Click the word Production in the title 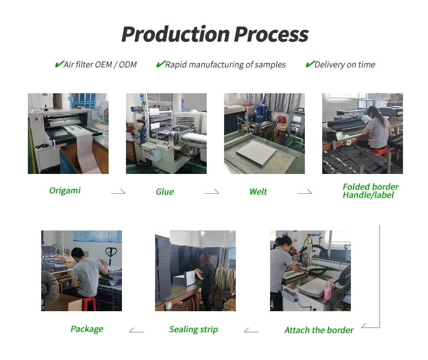click(x=176, y=34)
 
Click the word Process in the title click(x=271, y=34)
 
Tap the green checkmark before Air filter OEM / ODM click(x=59, y=64)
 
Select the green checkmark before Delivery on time click(x=310, y=64)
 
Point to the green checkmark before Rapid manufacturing click(x=160, y=64)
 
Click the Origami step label click(x=65, y=190)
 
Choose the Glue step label click(x=165, y=192)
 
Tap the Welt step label click(x=258, y=192)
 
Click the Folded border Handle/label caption click(x=370, y=191)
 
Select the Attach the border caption click(x=319, y=330)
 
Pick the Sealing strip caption click(x=193, y=329)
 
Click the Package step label click(x=87, y=329)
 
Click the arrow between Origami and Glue click(x=118, y=192)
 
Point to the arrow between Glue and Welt click(x=212, y=192)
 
